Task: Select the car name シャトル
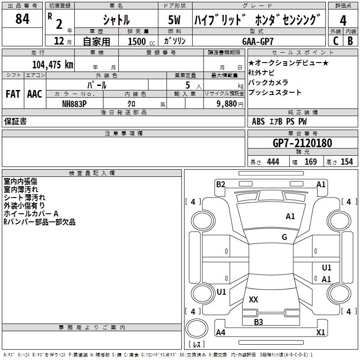point(116,20)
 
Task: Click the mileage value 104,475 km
point(53,64)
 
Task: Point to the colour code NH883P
point(75,103)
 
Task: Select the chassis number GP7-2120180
point(302,144)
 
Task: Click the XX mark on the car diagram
point(253,299)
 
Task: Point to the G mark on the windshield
point(284,237)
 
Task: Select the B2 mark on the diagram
point(220,184)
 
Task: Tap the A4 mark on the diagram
point(220,333)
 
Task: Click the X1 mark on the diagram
point(320,333)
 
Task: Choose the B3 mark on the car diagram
point(258,322)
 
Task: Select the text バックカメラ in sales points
point(268,82)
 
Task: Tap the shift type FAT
point(12,94)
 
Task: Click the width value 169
point(310,162)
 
